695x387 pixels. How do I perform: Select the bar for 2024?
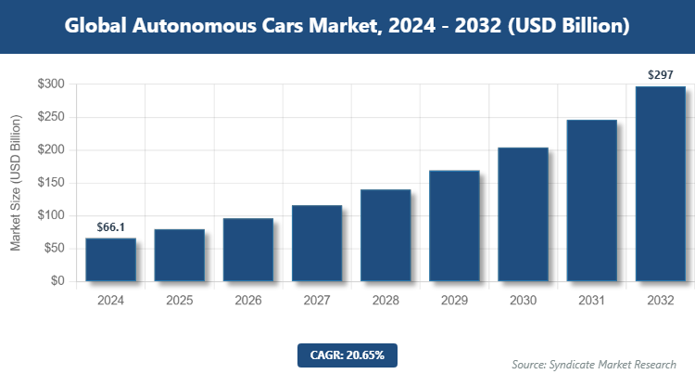coord(111,260)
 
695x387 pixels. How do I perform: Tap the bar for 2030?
coord(524,214)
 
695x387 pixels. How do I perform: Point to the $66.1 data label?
coord(111,226)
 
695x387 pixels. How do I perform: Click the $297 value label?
coord(661,74)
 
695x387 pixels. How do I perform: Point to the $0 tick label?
coord(57,281)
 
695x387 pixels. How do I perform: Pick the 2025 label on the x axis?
coord(180,301)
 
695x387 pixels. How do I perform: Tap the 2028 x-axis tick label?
coord(385,301)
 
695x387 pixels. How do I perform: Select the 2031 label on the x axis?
coord(592,301)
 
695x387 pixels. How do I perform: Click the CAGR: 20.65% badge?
coord(347,355)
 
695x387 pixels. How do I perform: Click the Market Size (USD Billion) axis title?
coord(16,183)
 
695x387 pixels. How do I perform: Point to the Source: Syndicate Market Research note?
coord(594,364)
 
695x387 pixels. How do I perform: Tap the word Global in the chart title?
coord(99,26)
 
